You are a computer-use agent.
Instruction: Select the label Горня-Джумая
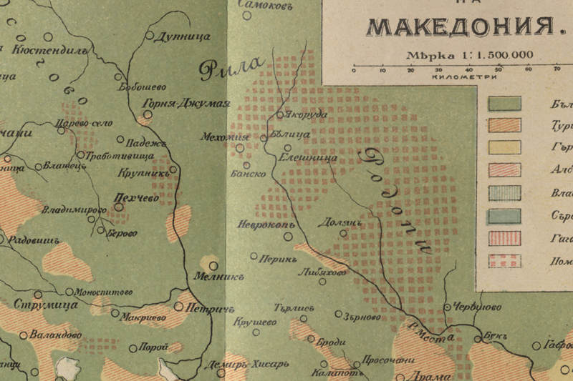pyautogui.click(x=186, y=102)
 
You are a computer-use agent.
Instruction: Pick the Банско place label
pyautogui.click(x=249, y=174)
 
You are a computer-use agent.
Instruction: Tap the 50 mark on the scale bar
pyautogui.click(x=499, y=69)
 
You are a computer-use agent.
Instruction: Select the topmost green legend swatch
pyautogui.click(x=505, y=103)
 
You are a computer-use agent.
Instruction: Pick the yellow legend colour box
pyautogui.click(x=505, y=147)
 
